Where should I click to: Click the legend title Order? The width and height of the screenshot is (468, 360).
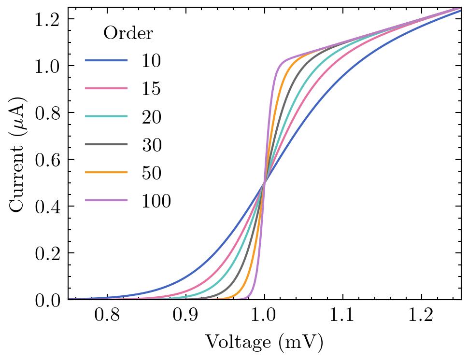pos(128,33)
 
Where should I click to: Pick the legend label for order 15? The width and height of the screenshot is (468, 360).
pos(151,89)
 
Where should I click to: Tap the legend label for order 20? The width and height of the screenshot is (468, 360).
pos(151,117)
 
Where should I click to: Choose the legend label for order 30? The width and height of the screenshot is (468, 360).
pos(151,145)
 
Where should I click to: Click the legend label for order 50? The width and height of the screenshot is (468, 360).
pos(151,173)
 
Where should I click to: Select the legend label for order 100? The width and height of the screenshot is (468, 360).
pos(156,201)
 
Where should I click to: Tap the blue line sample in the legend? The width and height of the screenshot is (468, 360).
pos(107,61)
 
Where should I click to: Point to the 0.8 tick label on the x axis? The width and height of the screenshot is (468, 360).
pos(107,317)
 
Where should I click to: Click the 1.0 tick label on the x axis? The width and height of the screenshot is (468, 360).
pos(264,317)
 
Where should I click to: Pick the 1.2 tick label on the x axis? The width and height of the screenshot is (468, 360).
pos(421,317)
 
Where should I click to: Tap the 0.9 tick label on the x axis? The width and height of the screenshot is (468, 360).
pos(185,317)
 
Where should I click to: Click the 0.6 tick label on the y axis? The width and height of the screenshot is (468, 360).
pos(47,160)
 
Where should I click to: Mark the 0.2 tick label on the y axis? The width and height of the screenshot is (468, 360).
pos(47,253)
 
